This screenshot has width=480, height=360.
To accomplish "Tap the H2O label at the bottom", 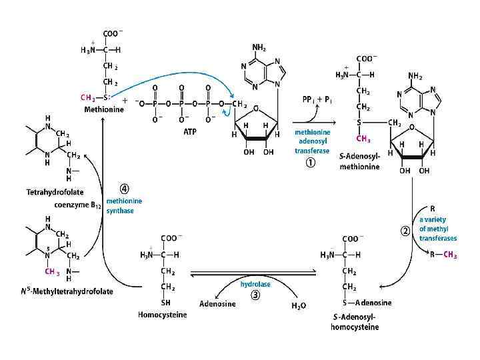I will click(299, 306).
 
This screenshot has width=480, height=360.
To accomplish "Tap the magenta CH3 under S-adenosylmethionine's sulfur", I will click(364, 139).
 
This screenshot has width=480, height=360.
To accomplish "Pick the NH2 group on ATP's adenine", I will click(261, 47).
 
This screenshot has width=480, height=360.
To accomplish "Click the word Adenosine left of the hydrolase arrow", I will click(217, 304).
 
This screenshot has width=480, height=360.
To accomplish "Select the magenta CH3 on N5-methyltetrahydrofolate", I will click(53, 272).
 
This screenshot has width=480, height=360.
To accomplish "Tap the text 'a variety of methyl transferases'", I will click(437, 228).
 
